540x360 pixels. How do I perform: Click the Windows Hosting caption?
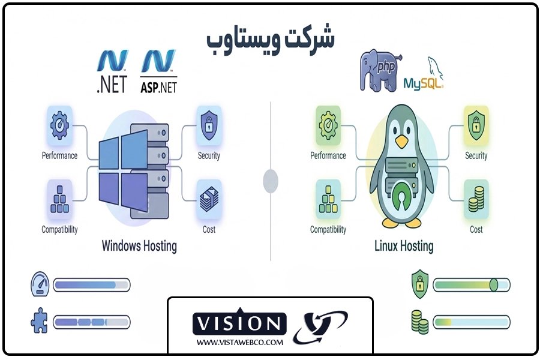click(x=139, y=245)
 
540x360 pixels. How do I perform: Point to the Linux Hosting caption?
click(x=404, y=245)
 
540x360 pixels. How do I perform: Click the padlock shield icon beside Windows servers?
click(x=209, y=125)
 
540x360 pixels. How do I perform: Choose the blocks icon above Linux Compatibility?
click(x=328, y=199)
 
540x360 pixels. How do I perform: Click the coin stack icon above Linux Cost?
click(x=476, y=199)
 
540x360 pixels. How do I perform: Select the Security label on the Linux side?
click(x=476, y=156)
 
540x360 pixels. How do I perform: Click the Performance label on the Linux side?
click(x=328, y=156)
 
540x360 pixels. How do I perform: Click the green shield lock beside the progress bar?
click(x=419, y=284)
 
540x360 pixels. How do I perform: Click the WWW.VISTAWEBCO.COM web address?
click(x=239, y=342)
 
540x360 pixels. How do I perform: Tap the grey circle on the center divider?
click(x=271, y=180)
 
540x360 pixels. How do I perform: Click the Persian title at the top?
click(x=271, y=39)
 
